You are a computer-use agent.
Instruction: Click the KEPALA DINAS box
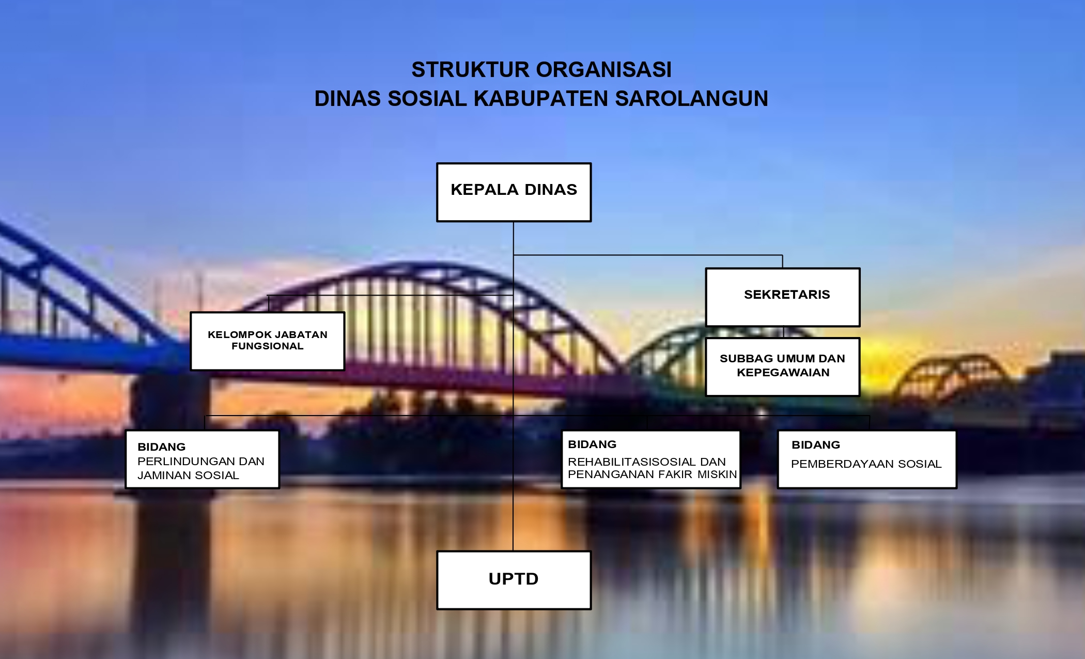pos(514,192)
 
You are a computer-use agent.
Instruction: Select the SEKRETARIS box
pos(783,297)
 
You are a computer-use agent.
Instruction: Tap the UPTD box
pos(514,580)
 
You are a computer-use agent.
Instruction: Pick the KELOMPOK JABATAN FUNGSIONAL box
pos(268,341)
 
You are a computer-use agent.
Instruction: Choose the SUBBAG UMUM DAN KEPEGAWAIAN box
pos(783,367)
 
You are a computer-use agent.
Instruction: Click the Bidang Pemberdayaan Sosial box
pos(867,459)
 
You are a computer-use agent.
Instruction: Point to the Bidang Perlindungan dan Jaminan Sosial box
pos(203,459)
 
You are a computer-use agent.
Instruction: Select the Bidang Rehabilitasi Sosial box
pos(651,459)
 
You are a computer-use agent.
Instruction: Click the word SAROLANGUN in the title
pos(692,99)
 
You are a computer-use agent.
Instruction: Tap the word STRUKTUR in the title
pos(471,70)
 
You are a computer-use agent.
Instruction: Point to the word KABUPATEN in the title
pos(541,99)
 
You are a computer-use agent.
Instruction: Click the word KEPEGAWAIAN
pos(783,373)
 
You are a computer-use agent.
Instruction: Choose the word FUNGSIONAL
pos(268,346)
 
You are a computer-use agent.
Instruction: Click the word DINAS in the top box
pos(551,190)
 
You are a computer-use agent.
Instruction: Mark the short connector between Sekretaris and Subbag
pos(784,332)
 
